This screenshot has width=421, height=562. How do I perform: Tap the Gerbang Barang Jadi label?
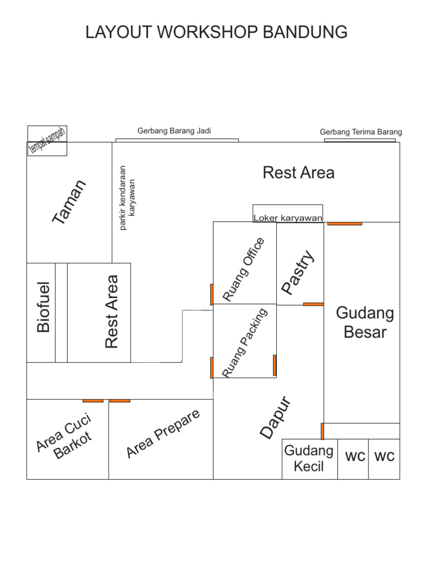coord(174,131)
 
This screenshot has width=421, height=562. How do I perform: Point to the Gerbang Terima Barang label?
coord(361,132)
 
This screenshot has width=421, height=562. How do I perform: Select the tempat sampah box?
coord(48,140)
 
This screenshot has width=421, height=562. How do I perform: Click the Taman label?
coord(70,201)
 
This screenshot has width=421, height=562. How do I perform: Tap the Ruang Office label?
coord(244,269)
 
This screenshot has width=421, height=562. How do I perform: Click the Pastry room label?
coord(298,272)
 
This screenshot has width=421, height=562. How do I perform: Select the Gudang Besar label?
coord(365,323)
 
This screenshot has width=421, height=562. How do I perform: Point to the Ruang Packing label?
coord(245,342)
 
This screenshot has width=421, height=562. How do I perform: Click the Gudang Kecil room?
coord(309,459)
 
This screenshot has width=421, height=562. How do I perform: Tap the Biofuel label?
coord(43,307)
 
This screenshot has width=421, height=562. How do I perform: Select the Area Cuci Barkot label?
coord(65,437)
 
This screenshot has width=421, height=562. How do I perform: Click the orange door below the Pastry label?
coord(314,304)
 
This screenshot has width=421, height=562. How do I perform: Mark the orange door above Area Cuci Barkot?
coord(93,401)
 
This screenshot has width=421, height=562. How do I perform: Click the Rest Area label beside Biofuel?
coord(112,312)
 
